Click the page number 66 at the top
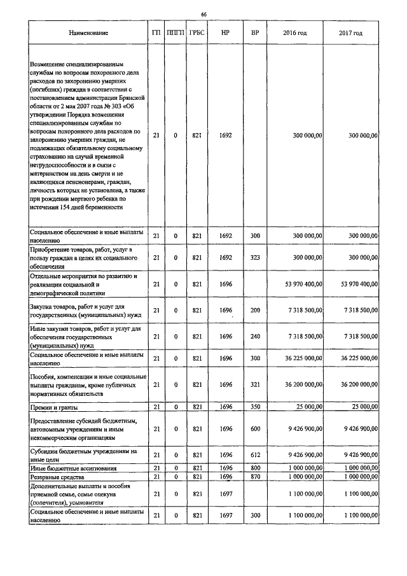coord(203,14)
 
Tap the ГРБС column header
coord(197,32)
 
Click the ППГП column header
coord(175,32)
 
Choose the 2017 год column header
coord(350,32)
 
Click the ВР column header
coord(255,32)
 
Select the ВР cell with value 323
coord(255,258)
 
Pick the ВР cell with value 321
coord(255,384)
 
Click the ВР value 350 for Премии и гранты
coord(255,406)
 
